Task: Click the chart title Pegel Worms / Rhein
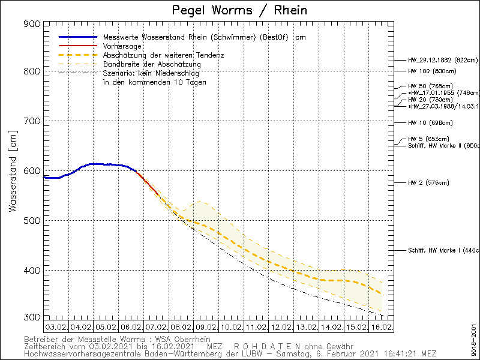coord(239,10)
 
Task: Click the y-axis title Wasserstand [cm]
coord(12,175)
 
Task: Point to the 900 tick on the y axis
coord(34,24)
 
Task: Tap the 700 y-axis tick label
coord(34,121)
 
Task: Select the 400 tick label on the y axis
coord(34,270)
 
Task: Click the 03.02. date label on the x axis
coord(56,328)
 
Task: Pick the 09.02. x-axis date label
coord(206,328)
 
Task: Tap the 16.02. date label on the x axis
coord(382,328)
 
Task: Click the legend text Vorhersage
coord(122,46)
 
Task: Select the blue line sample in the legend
coord(77,37)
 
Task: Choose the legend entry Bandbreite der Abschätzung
coord(152,64)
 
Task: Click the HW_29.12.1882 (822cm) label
coord(443,60)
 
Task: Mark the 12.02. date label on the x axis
coord(281,328)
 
